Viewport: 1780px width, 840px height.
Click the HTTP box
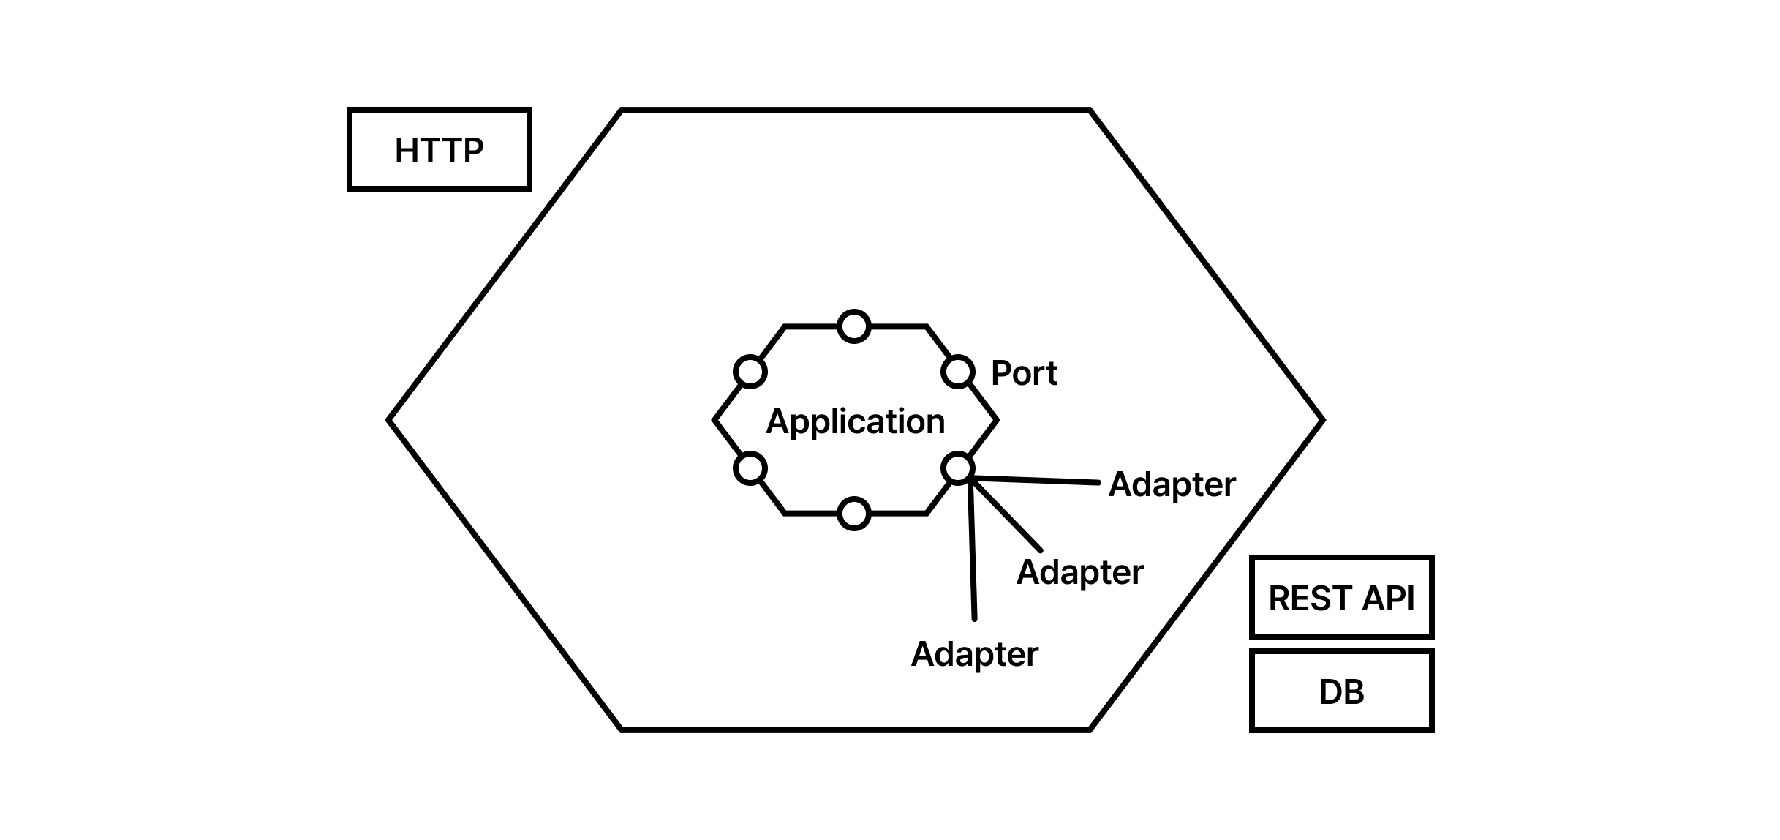(439, 150)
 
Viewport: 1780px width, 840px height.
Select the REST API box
(1341, 597)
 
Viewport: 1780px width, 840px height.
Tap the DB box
(1341, 691)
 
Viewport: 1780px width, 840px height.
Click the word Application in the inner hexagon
(855, 421)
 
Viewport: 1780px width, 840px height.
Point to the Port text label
(1024, 373)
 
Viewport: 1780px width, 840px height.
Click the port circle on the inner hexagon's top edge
(854, 326)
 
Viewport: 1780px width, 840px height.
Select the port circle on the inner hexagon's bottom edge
(854, 514)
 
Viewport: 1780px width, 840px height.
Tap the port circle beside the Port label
(958, 372)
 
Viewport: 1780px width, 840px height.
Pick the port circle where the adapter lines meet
(958, 468)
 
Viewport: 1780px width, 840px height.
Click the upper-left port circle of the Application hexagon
(750, 372)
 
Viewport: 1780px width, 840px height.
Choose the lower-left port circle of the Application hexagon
(750, 468)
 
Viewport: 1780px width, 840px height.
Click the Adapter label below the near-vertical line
(974, 654)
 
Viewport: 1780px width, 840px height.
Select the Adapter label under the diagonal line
(1079, 572)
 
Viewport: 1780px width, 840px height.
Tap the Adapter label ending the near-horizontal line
(1172, 484)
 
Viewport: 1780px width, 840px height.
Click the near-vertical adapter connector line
(972, 556)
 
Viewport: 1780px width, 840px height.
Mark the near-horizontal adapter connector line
(1038, 480)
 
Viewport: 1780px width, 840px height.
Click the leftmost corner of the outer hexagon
(389, 420)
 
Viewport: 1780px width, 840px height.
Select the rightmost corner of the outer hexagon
(1323, 420)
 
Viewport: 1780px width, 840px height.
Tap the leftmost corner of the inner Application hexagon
(714, 420)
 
